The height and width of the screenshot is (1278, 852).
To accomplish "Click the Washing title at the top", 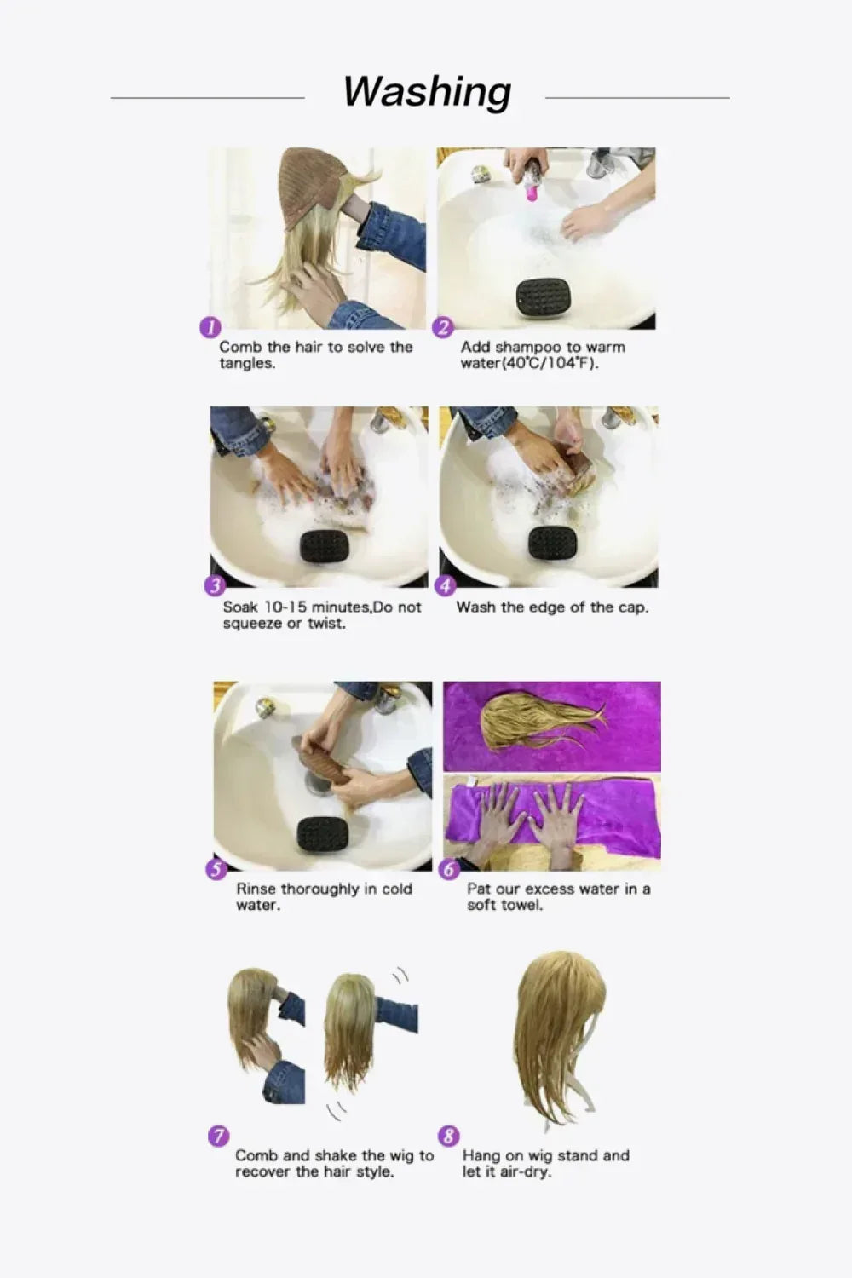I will point(427,91).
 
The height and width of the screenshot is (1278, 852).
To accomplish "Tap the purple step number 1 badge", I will point(210,327).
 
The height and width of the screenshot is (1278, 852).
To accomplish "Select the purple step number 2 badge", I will point(443,327).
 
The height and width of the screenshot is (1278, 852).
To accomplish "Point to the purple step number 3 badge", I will point(215,586).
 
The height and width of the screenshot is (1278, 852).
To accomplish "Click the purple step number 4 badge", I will point(446,586).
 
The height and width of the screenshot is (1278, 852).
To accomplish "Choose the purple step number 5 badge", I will point(216,869).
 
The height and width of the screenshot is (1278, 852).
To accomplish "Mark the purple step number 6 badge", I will point(449,869).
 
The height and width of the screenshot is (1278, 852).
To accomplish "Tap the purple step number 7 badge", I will point(218,1136).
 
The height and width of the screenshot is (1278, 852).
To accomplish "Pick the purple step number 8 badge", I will point(448,1136).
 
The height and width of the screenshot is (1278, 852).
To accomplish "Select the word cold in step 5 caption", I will point(396,889).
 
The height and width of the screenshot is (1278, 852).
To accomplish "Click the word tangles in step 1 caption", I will point(247,364).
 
